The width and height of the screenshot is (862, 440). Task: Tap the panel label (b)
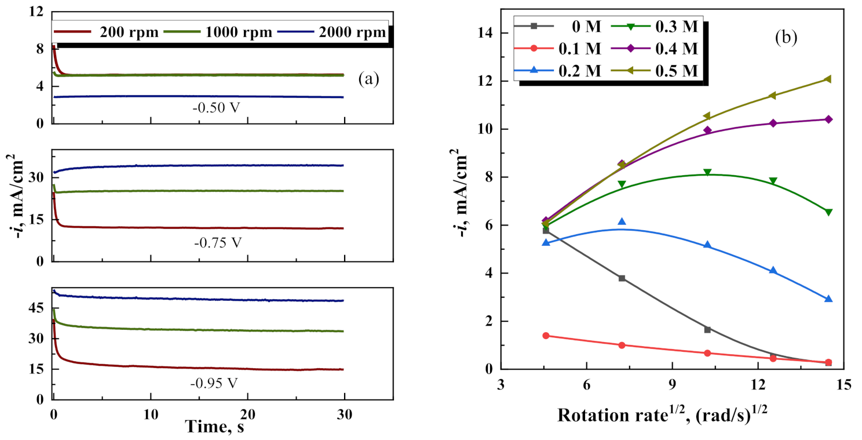pos(786,38)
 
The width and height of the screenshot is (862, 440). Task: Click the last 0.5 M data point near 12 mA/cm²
pos(828,79)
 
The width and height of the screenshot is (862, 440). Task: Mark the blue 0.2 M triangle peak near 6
pos(622,221)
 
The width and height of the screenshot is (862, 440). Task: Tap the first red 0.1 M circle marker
pos(546,336)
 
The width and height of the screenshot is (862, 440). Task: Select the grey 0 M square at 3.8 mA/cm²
pos(622,278)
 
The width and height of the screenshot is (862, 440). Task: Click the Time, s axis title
pos(214,427)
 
